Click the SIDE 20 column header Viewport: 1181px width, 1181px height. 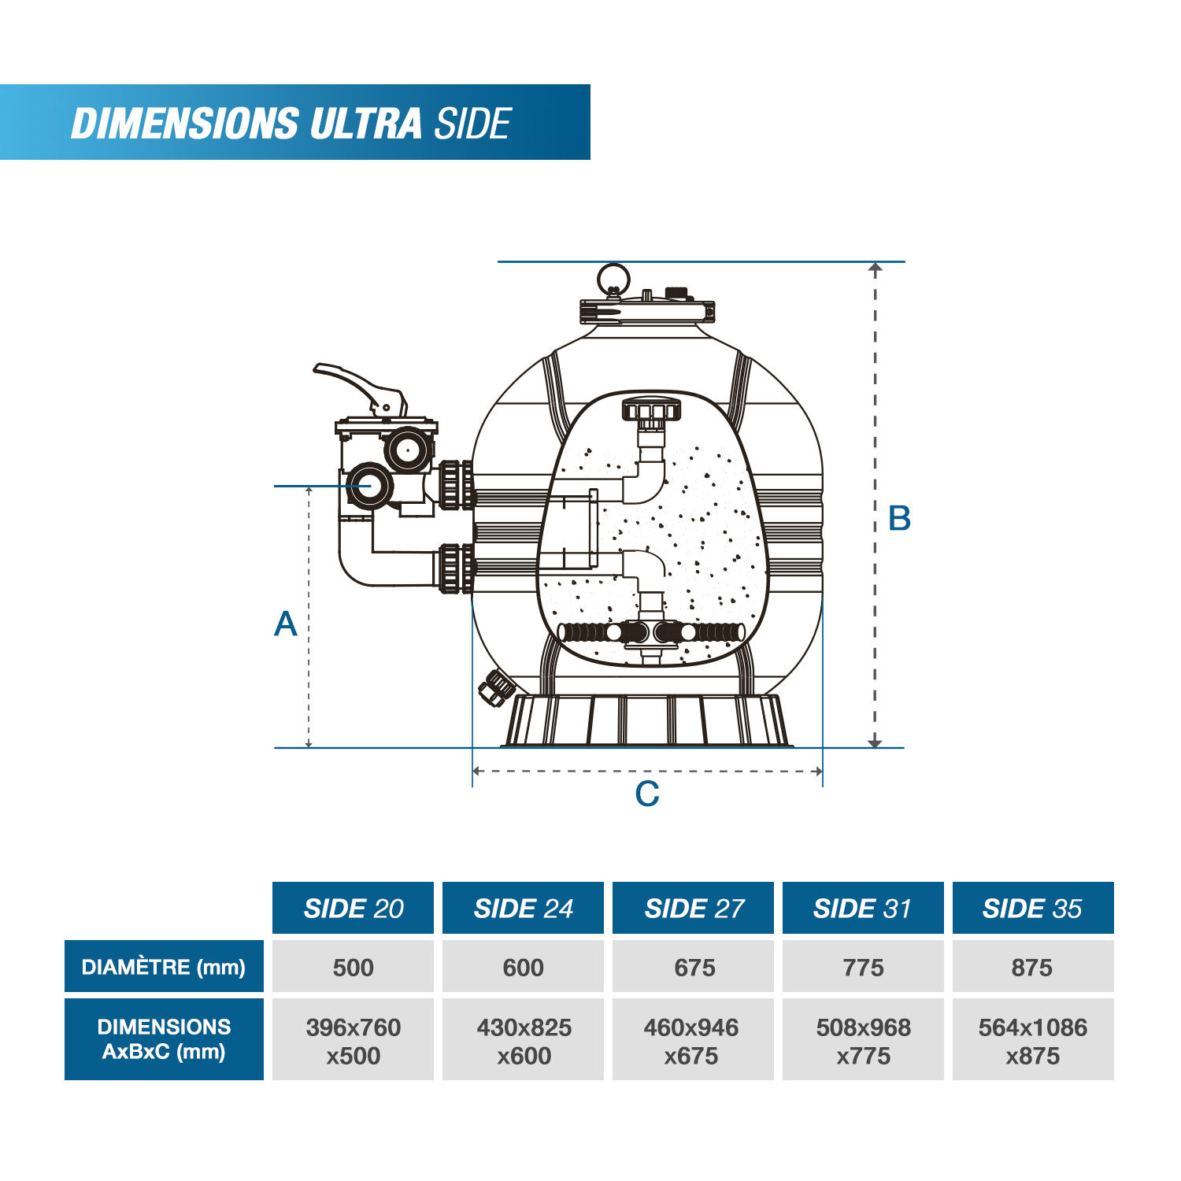tap(353, 908)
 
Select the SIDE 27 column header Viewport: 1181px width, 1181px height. tap(693, 908)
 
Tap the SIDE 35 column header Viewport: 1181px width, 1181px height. tap(1032, 908)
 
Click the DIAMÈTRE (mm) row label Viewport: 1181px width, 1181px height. tap(164, 966)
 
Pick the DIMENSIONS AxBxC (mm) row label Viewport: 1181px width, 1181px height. tap(164, 1038)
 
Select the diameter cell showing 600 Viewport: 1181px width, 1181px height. tap(523, 967)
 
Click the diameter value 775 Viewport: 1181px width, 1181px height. tap(863, 967)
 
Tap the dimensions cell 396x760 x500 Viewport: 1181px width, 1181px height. tap(353, 1040)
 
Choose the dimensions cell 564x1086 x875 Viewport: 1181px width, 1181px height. tap(1032, 1040)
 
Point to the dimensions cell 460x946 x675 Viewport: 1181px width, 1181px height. tap(693, 1040)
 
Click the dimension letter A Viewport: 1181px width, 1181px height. tap(286, 624)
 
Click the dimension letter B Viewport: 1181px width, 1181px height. tap(899, 519)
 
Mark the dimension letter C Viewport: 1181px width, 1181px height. tap(647, 794)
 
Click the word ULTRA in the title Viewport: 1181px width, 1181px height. tap(366, 124)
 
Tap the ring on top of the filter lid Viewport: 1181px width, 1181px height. tap(613, 279)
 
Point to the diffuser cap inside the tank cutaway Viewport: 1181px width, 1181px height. tap(650, 410)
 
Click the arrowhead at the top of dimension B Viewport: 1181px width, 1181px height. tap(875, 268)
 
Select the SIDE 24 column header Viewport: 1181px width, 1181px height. tap(523, 908)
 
